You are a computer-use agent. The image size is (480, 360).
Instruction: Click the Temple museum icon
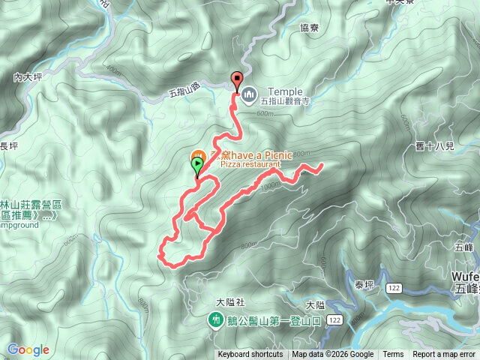[247, 92]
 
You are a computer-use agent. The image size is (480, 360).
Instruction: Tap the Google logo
[28, 349]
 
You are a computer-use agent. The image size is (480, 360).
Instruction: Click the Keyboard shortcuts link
[250, 355]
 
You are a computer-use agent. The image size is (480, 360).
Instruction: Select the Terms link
[393, 355]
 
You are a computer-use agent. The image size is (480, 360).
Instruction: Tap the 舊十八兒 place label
[435, 145]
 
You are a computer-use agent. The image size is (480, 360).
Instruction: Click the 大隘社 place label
[230, 302]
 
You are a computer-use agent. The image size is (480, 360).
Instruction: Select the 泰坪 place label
[364, 284]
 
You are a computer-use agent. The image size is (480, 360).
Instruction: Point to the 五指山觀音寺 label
[286, 102]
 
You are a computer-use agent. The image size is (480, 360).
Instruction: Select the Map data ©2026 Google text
[332, 355]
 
